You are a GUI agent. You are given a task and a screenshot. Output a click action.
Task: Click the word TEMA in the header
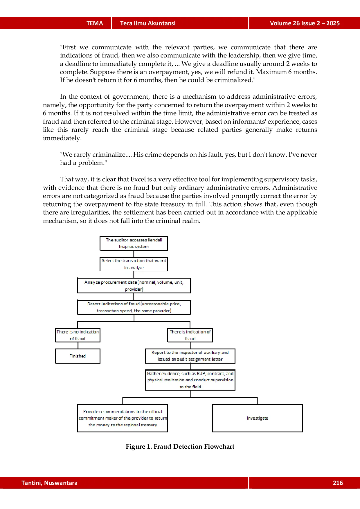pos(95,23)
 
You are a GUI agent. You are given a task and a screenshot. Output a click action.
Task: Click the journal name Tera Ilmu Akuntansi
pos(148,23)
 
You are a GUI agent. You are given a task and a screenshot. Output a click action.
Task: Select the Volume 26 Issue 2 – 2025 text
pos(305,23)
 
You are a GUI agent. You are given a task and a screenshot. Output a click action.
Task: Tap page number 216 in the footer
pos(338,483)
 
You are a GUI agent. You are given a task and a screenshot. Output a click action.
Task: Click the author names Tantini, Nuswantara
pos(49,483)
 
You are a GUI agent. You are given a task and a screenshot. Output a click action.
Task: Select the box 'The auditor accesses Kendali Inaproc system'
pos(134,243)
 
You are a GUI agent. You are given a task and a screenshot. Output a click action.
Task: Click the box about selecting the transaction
pos(134,264)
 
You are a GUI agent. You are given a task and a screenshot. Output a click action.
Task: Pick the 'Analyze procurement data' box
pos(134,286)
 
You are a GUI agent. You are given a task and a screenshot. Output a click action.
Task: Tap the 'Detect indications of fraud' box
pos(134,307)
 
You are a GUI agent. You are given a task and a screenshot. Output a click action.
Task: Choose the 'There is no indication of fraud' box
pos(78,335)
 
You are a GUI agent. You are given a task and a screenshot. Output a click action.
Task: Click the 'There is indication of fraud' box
pos(190,335)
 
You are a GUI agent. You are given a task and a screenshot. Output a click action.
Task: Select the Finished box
pos(78,356)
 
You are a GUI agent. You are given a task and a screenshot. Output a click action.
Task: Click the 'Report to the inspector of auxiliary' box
pos(190,356)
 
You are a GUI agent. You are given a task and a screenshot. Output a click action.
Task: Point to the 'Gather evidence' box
pos(190,380)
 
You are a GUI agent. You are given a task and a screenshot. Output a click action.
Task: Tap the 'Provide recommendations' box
pos(123,418)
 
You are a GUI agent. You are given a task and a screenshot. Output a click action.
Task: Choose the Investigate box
pos(258,418)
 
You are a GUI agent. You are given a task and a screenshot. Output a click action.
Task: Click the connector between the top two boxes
pos(134,254)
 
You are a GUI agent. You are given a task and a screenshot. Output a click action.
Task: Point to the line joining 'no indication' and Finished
pos(78,345)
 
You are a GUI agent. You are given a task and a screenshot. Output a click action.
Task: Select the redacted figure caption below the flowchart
pos(180,447)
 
